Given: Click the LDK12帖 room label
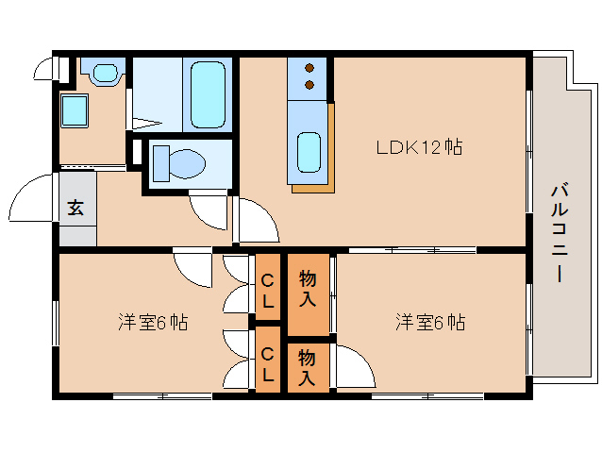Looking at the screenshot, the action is click(419, 147).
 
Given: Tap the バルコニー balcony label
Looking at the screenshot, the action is click(560, 233).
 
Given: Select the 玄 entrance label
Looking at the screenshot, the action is click(75, 208).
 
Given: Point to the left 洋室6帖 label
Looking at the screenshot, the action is click(153, 322).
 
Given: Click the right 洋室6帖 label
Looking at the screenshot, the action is click(430, 322).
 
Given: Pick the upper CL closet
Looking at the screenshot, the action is click(268, 287).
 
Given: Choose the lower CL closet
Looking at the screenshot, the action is click(268, 360).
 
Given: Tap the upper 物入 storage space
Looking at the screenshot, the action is click(309, 294).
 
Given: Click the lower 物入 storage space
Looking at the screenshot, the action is click(309, 368).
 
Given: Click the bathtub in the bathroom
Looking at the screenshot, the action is click(208, 94).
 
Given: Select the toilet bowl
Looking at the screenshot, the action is click(187, 164).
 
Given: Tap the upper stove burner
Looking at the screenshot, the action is click(309, 68).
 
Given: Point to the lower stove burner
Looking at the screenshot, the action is click(309, 85).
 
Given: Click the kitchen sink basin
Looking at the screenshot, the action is click(309, 152).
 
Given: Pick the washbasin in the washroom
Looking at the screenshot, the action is click(105, 72).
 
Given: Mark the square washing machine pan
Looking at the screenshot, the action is click(75, 110).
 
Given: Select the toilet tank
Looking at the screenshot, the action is click(161, 163).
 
